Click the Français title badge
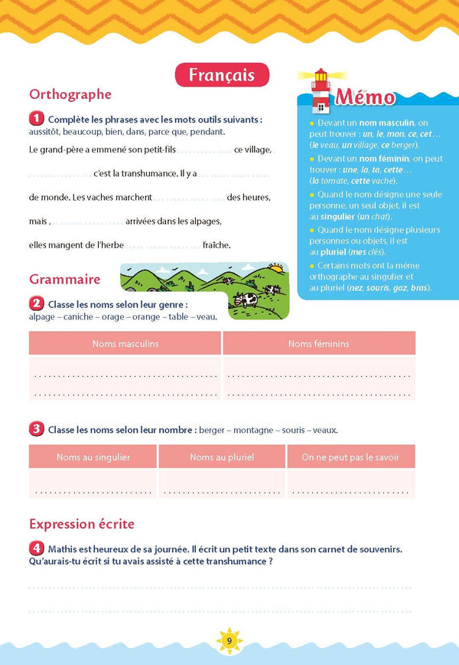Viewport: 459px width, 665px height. [x=223, y=75]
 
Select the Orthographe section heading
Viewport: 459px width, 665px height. [x=70, y=95]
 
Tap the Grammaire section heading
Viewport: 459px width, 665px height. [x=65, y=280]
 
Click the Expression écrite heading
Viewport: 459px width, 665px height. [x=82, y=524]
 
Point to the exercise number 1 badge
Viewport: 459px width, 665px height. [x=36, y=119]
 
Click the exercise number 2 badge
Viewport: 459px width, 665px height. [x=36, y=304]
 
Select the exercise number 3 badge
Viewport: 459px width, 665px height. [x=36, y=429]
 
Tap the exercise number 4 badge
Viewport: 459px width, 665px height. [x=36, y=549]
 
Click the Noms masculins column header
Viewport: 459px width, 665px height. [x=125, y=344]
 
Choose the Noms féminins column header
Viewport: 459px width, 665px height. [x=319, y=344]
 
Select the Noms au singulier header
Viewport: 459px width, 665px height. [x=93, y=457]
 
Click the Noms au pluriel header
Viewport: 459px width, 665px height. [x=222, y=457]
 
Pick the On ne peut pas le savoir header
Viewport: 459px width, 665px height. [x=350, y=457]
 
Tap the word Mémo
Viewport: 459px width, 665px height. [x=365, y=98]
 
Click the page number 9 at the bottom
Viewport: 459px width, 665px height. [x=229, y=639]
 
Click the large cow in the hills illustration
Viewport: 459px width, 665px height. [x=247, y=300]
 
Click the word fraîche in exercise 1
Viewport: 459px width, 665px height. [x=216, y=245]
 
